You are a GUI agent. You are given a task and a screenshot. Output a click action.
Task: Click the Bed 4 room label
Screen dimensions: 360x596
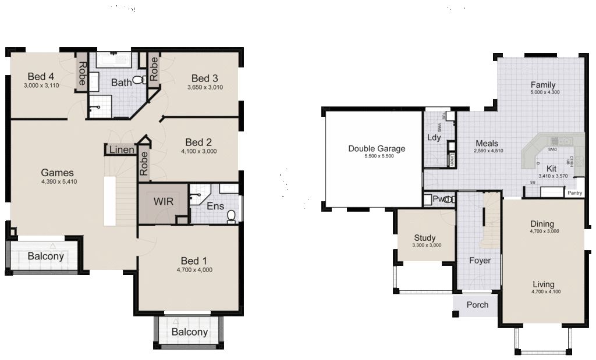(x=41, y=76)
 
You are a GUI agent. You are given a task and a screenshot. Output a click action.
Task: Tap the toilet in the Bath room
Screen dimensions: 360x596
(x=139, y=80)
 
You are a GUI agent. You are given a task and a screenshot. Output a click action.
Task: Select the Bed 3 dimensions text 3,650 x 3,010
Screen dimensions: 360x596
(x=205, y=87)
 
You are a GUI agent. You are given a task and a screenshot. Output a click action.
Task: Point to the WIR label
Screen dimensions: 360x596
(x=163, y=201)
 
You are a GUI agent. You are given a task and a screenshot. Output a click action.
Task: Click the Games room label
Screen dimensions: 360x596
(x=57, y=172)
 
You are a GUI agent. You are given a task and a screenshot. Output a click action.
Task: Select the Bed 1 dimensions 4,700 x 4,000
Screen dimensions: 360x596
(x=194, y=270)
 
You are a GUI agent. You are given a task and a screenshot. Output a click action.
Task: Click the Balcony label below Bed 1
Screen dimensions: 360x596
(x=189, y=332)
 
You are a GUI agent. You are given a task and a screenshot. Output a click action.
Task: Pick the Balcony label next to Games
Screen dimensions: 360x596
(x=45, y=256)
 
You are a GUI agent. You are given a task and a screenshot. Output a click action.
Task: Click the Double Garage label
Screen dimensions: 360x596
(x=377, y=148)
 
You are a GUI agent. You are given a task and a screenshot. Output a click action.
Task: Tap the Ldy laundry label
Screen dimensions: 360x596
(x=434, y=138)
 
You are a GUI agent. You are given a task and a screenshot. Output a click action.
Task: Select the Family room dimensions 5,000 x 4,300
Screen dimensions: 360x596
(x=544, y=92)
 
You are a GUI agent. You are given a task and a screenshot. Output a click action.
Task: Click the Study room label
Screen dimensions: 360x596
(x=424, y=237)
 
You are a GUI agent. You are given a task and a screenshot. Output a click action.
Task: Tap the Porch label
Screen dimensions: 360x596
(x=478, y=305)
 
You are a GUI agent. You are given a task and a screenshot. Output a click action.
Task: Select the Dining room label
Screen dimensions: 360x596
(x=542, y=224)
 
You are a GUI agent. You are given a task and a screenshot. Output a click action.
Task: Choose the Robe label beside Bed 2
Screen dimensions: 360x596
(x=144, y=163)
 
